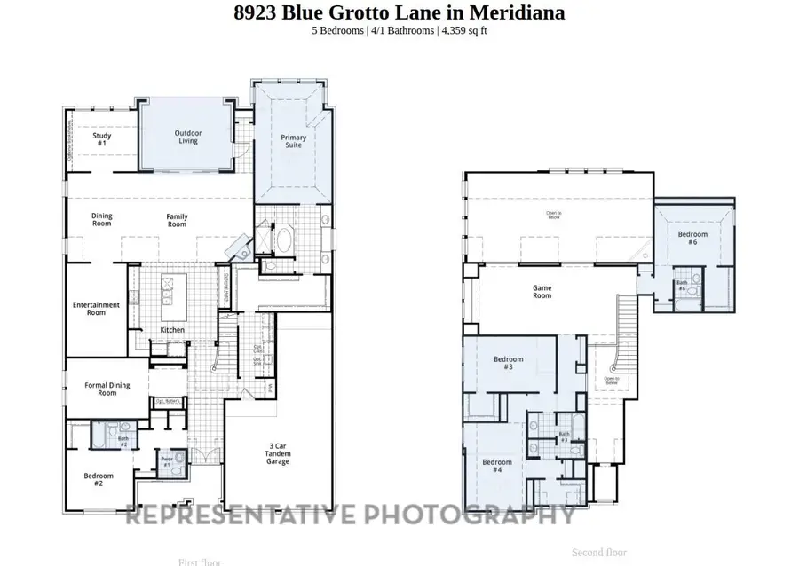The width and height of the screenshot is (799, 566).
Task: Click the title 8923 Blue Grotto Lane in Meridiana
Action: (x=399, y=12)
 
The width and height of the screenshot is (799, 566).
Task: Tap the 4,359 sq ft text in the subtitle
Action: (x=462, y=30)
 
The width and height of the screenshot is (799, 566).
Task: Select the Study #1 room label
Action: (x=101, y=139)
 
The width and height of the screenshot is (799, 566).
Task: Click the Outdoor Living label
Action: (x=187, y=138)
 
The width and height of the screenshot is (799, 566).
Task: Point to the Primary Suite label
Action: (x=293, y=141)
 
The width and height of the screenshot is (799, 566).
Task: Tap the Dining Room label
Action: (x=101, y=220)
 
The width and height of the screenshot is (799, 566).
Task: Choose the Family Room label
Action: (x=177, y=220)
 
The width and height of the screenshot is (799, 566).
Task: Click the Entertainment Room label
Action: (x=96, y=309)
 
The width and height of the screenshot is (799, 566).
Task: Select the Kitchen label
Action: (x=172, y=330)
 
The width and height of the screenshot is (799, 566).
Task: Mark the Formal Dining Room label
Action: (x=107, y=389)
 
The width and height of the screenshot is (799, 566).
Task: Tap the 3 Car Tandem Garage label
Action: (x=278, y=453)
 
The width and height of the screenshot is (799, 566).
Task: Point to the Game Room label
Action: (x=542, y=291)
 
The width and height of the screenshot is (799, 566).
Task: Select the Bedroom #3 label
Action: (x=508, y=363)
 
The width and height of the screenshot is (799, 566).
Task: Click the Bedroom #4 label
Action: (x=497, y=466)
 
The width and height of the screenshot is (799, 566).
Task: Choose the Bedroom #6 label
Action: (x=692, y=238)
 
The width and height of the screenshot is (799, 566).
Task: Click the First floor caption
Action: (x=200, y=562)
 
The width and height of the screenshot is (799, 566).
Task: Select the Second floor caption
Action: (x=599, y=552)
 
